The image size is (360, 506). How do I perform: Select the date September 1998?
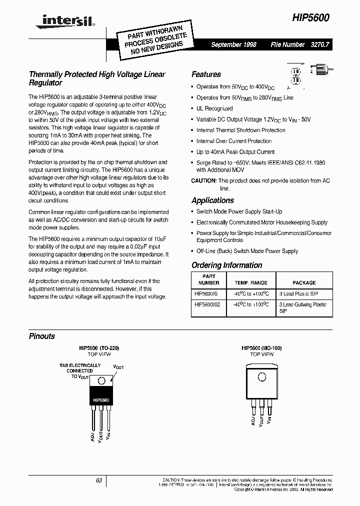click(x=233, y=44)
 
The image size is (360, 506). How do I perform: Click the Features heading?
click(x=206, y=74)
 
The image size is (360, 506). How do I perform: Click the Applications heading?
click(x=212, y=200)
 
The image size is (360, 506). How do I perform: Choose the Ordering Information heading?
click(x=226, y=265)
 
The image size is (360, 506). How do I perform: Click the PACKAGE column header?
click(x=304, y=282)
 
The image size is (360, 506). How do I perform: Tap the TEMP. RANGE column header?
click(x=251, y=282)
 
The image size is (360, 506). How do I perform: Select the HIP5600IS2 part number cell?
click(x=206, y=304)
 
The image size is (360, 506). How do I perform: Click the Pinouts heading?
click(x=41, y=336)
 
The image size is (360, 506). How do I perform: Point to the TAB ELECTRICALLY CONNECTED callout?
click(x=79, y=370)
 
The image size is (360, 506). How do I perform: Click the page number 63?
click(x=99, y=480)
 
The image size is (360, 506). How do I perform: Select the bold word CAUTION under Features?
click(x=203, y=180)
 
